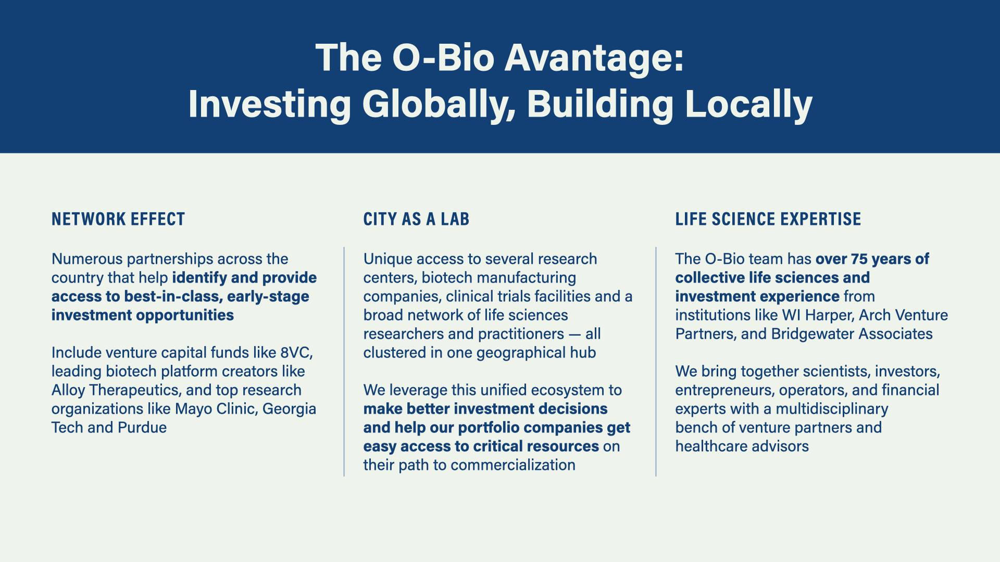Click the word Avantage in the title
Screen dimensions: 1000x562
[594, 58]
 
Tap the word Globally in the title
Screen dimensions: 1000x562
[439, 105]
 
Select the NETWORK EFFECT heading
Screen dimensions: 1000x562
[118, 219]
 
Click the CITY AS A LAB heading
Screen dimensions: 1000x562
[416, 219]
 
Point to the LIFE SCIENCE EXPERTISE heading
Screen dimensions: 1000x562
[768, 219]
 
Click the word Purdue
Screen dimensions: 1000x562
[142, 427]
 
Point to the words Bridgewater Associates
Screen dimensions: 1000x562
[852, 334]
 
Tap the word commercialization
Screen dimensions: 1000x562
[513, 465]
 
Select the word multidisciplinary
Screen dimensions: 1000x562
[832, 409]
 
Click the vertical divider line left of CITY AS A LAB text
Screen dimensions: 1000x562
[344, 362]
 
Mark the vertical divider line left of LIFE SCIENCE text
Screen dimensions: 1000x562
[656, 362]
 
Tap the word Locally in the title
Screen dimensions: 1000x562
[748, 105]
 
